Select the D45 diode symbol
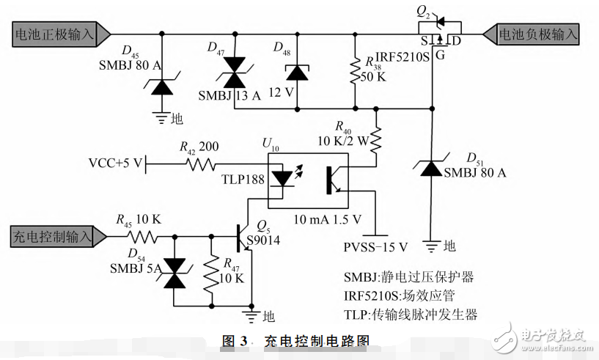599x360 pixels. point(161,86)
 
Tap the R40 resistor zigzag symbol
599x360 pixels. point(375,139)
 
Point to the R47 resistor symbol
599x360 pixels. point(213,271)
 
